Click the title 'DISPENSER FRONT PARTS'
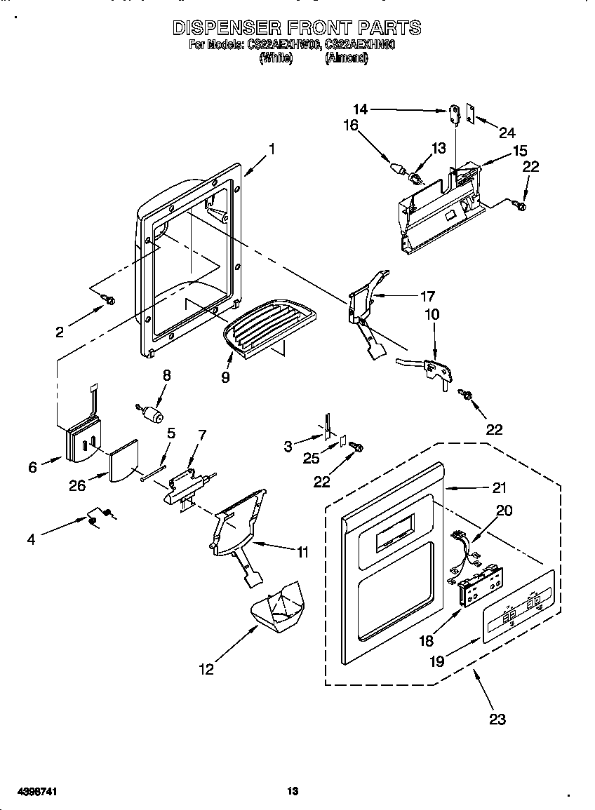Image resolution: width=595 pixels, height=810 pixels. pos(296,28)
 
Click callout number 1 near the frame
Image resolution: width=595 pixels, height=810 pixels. pos(272,149)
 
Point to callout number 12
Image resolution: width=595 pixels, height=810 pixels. pos(206,669)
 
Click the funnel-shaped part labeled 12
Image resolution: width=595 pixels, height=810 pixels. pos(277,607)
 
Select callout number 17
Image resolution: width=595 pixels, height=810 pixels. pos(427,296)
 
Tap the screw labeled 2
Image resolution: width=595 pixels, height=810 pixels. pos(109,300)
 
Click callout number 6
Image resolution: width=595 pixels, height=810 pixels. pos(33,466)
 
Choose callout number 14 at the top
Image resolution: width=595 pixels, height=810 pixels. pos(360,109)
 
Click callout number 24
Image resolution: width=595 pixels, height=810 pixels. pos(507,132)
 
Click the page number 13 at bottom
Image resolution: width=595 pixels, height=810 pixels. pos(293,791)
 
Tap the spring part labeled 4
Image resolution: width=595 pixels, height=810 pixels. pos(98,518)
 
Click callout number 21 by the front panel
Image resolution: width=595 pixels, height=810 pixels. pos(499,487)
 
